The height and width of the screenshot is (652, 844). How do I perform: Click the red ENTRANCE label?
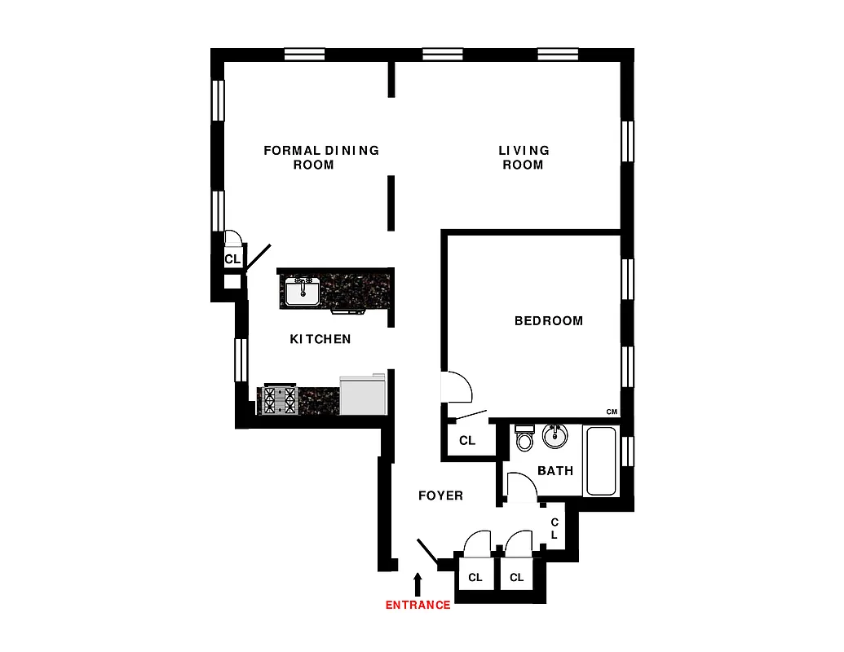click(418, 605)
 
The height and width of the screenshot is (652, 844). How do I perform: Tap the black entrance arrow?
click(418, 584)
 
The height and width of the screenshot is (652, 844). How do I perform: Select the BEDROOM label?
click(549, 321)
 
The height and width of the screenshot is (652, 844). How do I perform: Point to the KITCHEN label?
click(320, 339)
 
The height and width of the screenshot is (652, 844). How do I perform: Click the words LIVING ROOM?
click(524, 157)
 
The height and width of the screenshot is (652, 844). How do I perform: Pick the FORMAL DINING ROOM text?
click(320, 157)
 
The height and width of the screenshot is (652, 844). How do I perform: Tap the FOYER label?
click(440, 496)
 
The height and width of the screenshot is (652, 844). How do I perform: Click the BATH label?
click(555, 471)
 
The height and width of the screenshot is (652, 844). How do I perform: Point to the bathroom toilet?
click(524, 439)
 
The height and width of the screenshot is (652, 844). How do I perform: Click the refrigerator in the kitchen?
click(362, 394)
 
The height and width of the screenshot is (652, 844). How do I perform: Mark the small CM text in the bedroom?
click(611, 412)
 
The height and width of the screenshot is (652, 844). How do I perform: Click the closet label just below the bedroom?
click(467, 441)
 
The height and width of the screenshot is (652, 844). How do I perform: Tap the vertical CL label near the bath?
click(555, 529)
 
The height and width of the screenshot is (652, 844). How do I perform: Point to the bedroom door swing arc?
click(457, 386)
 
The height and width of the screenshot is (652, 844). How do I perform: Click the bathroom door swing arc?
click(520, 487)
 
